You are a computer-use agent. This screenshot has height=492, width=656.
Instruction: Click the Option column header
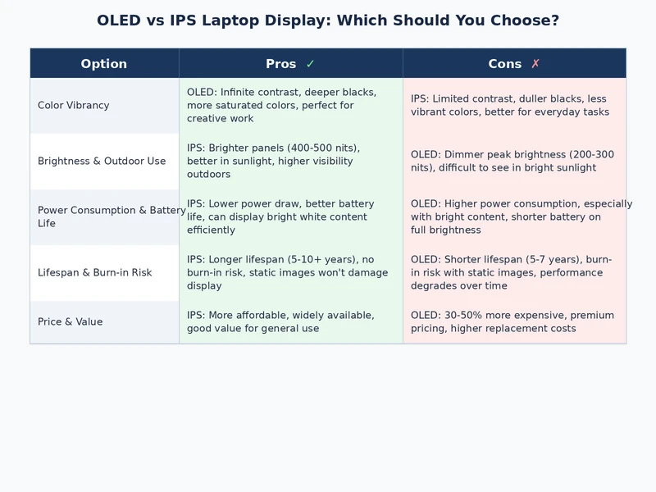click(104, 64)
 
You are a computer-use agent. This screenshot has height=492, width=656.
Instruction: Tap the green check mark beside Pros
click(310, 64)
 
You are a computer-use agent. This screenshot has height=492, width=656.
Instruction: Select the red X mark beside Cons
click(535, 64)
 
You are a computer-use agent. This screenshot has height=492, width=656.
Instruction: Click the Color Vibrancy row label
click(73, 105)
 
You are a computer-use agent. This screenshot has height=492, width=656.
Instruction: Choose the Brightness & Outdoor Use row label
click(102, 161)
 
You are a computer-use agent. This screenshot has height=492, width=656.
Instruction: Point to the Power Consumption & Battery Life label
click(112, 216)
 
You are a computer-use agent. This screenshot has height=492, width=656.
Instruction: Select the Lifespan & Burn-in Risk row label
click(95, 272)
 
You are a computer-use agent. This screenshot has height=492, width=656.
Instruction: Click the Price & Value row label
click(71, 321)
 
